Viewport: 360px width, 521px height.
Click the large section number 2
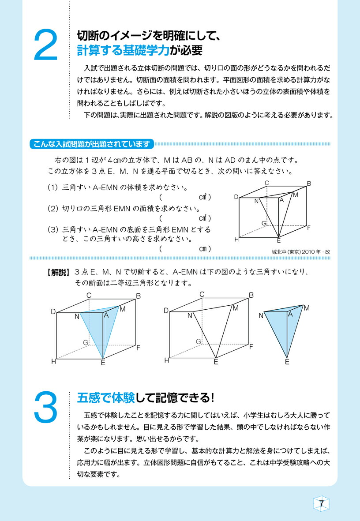[45, 45]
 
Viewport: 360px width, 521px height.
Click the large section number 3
[45, 407]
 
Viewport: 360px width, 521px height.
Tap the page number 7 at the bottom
[322, 504]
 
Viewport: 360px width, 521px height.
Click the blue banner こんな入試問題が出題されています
[91, 144]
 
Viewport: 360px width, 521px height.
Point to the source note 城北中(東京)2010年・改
[301, 251]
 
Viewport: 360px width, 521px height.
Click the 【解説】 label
[58, 272]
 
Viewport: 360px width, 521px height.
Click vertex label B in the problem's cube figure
[309, 184]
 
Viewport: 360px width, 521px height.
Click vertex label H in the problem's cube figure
[236, 240]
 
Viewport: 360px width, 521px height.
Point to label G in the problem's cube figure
[264, 224]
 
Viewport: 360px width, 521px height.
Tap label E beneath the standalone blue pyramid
[287, 362]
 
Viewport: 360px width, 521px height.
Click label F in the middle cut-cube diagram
[251, 347]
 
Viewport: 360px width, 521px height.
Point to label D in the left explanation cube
[53, 311]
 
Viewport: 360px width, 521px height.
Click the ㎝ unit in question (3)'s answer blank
[202, 249]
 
